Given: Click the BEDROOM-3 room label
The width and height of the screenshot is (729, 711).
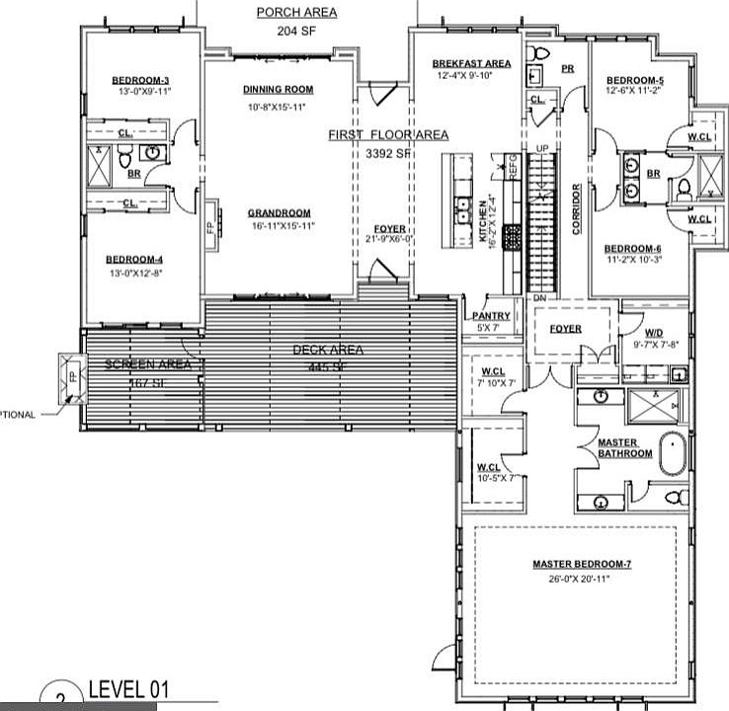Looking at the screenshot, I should tap(140, 80).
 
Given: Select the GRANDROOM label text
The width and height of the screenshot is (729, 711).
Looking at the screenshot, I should tap(280, 212).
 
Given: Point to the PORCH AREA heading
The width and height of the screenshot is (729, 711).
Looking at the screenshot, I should tap(296, 12).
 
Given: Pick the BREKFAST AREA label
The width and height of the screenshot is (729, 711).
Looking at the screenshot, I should tap(471, 63).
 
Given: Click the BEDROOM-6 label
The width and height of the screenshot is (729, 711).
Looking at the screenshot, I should tap(633, 248).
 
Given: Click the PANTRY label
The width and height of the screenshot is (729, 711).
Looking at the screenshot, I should tap(491, 315).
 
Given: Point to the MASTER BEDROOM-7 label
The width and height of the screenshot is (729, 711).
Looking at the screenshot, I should tap(581, 564).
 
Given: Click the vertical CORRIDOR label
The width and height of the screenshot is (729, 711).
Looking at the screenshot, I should tap(576, 208).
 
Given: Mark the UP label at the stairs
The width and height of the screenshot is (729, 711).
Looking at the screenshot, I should tap(540, 148).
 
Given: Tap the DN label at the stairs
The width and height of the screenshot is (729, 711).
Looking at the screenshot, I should tap(539, 297).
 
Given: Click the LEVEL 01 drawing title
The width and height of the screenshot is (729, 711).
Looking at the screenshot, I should tap(123, 688).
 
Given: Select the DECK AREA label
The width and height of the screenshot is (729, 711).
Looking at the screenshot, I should tap(328, 350).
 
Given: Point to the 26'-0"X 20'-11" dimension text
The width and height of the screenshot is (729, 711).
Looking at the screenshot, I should tap(581, 578).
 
